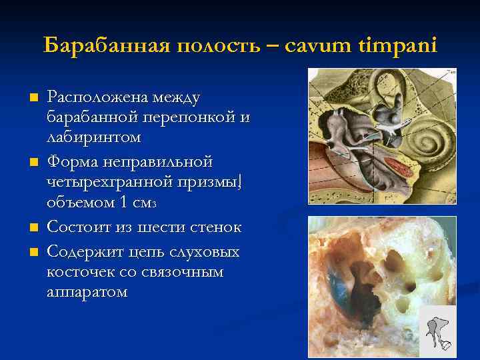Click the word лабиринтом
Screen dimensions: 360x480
tap(93, 137)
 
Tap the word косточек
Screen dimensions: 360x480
tap(77, 273)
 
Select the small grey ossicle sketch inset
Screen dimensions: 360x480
tap(439, 327)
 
